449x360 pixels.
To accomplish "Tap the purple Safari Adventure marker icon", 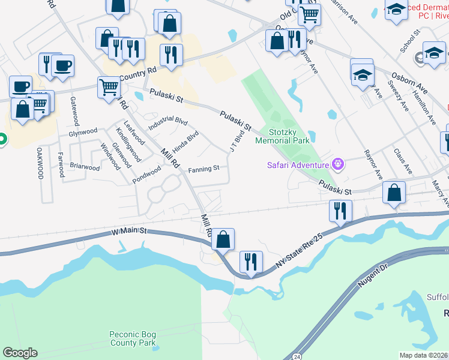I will point(339,164).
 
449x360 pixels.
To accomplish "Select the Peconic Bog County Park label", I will point(133,339).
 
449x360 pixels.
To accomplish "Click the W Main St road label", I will point(130,231).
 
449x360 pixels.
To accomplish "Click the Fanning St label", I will point(203,170).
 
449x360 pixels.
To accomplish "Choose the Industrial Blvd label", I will point(168,120).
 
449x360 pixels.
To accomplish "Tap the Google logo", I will point(20,353).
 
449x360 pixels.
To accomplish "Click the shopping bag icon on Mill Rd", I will point(223,239).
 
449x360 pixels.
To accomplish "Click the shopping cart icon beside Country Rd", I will point(109,87).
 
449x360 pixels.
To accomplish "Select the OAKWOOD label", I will point(40,163).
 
